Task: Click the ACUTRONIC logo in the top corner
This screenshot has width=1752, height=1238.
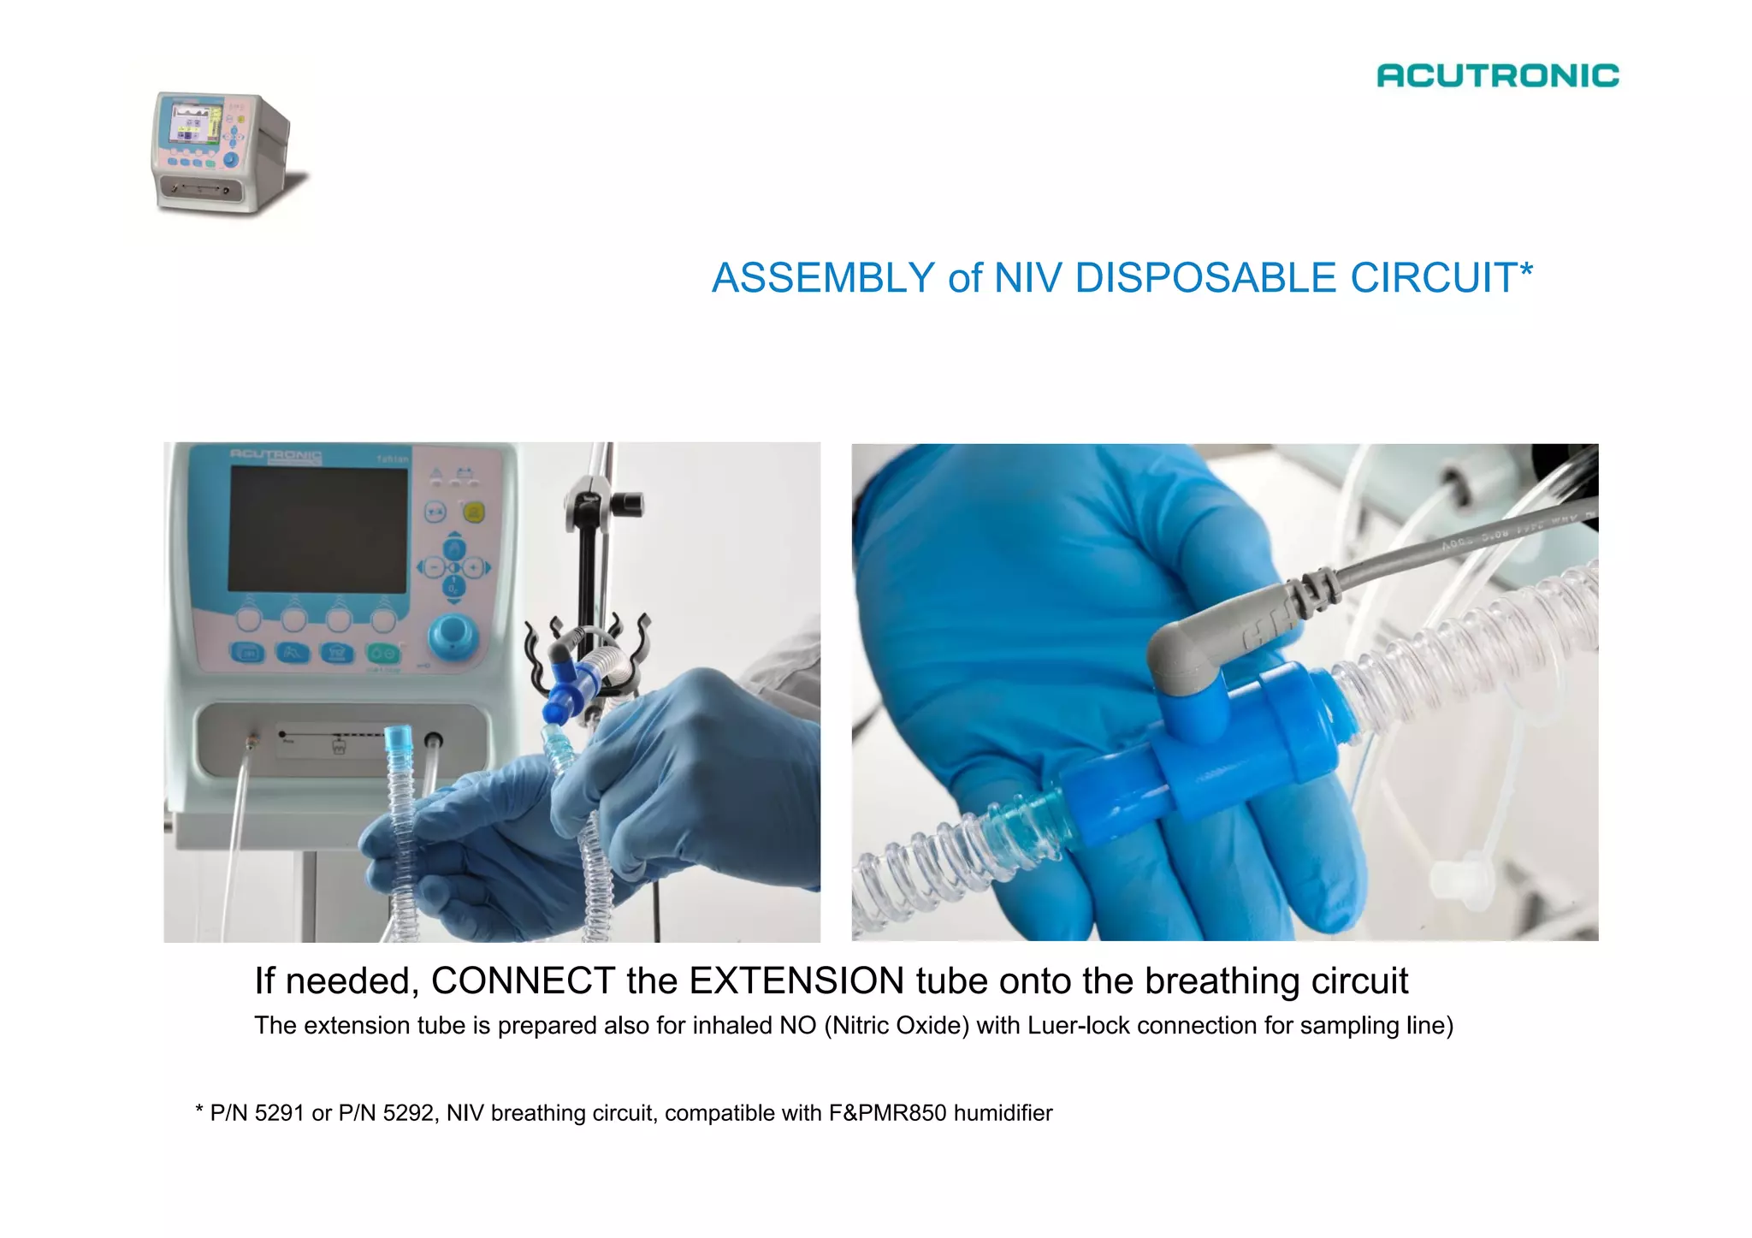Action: [x=1497, y=75]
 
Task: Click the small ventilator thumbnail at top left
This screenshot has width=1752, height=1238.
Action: [x=224, y=152]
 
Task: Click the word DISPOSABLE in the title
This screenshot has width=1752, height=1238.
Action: [x=1205, y=278]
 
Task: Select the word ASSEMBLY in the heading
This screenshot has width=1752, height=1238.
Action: [x=823, y=278]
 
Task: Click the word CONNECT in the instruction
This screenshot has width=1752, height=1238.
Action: [x=523, y=980]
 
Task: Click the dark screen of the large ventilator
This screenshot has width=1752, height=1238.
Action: [x=318, y=529]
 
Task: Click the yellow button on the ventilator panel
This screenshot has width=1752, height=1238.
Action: [x=473, y=512]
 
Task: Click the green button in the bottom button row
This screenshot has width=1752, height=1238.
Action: [x=383, y=654]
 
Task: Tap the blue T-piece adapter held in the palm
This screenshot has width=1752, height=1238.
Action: [x=1198, y=753]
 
